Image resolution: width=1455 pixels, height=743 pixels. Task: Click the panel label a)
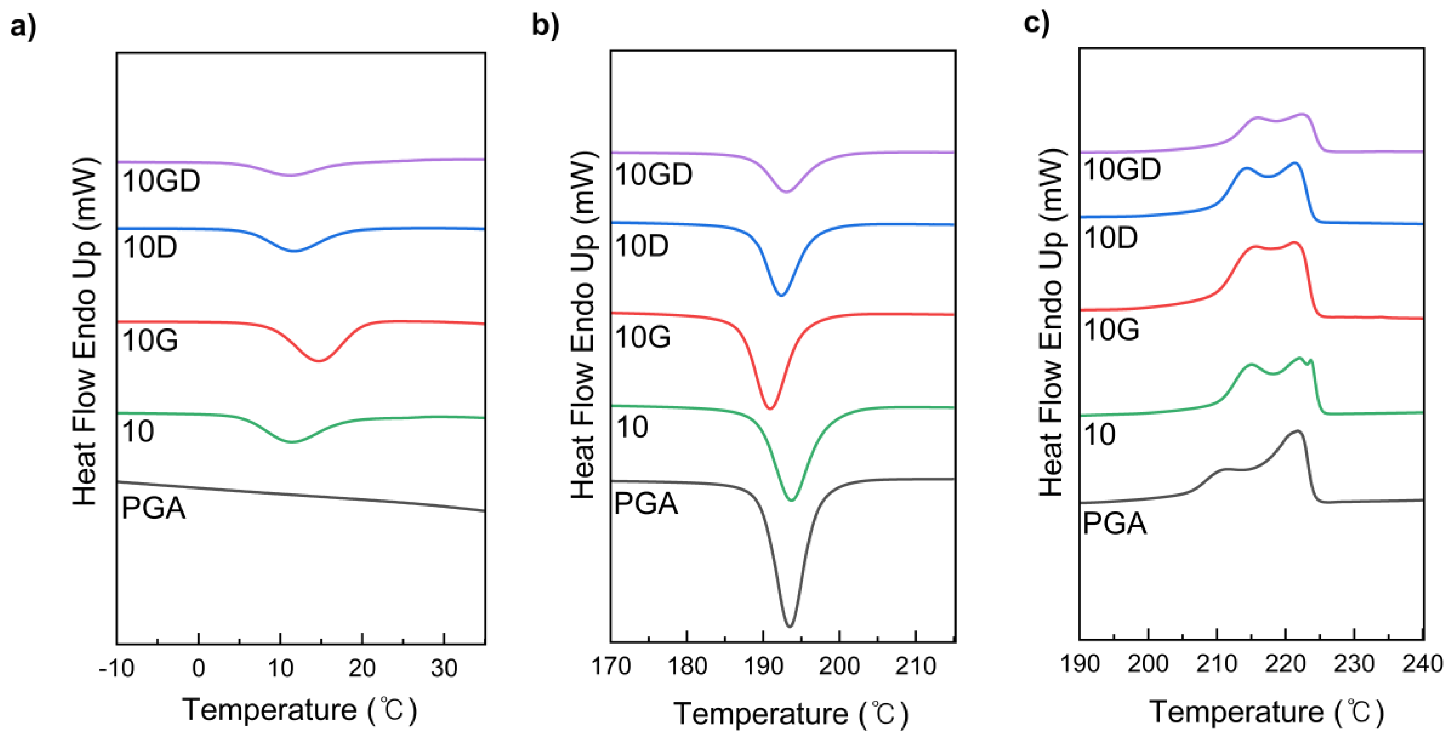pyautogui.click(x=23, y=26)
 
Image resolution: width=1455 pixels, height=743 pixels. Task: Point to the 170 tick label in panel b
pyautogui.click(x=611, y=666)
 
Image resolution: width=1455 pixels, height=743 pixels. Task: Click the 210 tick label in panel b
pyautogui.click(x=916, y=666)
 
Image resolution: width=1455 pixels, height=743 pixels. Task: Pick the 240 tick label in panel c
pyautogui.click(x=1422, y=663)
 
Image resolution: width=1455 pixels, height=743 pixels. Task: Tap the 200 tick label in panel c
pyautogui.click(x=1148, y=663)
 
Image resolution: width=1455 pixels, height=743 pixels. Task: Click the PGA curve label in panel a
pyautogui.click(x=153, y=508)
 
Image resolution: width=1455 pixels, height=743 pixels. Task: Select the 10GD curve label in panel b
pyautogui.click(x=653, y=174)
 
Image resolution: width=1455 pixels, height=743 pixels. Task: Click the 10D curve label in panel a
pyautogui.click(x=150, y=247)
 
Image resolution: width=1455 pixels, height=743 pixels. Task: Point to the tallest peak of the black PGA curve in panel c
pyautogui.click(x=1297, y=431)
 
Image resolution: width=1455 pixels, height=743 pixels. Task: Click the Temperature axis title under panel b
pyautogui.click(x=791, y=714)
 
